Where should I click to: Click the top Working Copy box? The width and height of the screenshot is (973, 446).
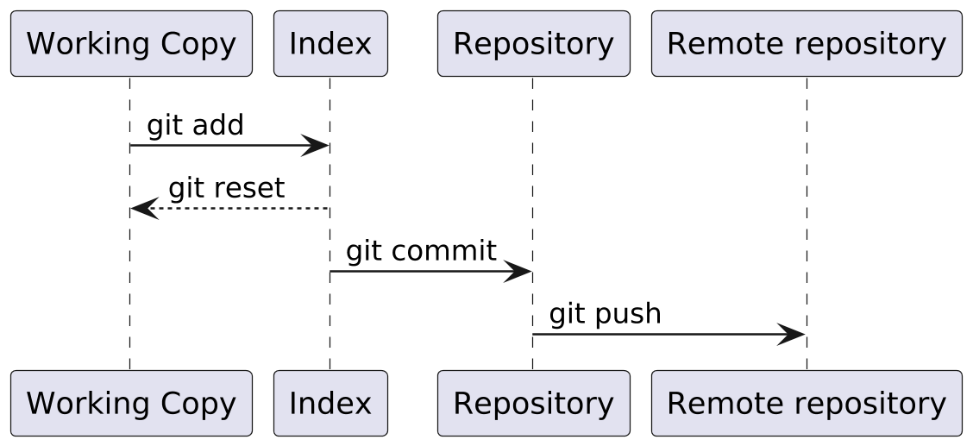tap(131, 43)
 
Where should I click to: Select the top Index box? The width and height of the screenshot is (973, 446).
tap(330, 43)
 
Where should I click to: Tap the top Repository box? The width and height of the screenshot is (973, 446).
tap(533, 43)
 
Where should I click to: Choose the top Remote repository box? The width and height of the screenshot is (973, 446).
tap(806, 43)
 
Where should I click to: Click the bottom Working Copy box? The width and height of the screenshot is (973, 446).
tap(131, 403)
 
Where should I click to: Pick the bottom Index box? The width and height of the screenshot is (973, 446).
tap(330, 403)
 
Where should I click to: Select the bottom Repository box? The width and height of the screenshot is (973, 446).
tap(533, 403)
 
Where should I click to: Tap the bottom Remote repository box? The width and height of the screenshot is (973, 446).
tap(806, 403)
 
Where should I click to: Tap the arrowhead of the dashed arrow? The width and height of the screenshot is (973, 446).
tap(143, 209)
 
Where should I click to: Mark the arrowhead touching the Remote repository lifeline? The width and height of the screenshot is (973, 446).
tap(792, 335)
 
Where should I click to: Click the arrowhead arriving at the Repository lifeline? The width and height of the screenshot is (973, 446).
tap(519, 272)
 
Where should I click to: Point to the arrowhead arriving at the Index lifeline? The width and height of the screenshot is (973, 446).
tap(316, 146)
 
